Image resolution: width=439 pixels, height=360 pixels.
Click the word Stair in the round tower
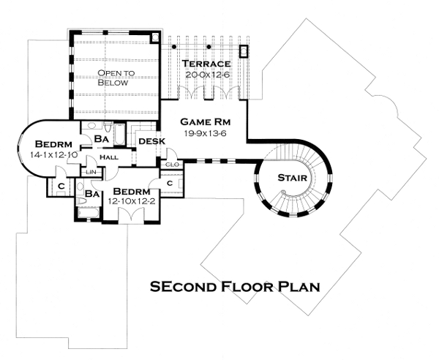click(293, 178)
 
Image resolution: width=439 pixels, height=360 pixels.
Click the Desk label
click(151, 141)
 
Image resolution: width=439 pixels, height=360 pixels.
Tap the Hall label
click(109, 157)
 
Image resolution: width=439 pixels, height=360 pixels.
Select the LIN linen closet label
click(91, 171)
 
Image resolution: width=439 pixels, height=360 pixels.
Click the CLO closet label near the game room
click(173, 165)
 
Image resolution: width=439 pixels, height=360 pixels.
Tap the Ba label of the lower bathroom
click(91, 194)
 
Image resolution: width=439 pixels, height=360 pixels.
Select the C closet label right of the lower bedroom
click(169, 183)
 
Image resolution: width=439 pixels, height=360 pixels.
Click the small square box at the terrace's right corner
click(244, 52)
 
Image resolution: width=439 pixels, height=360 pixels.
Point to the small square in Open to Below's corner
click(153, 37)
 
